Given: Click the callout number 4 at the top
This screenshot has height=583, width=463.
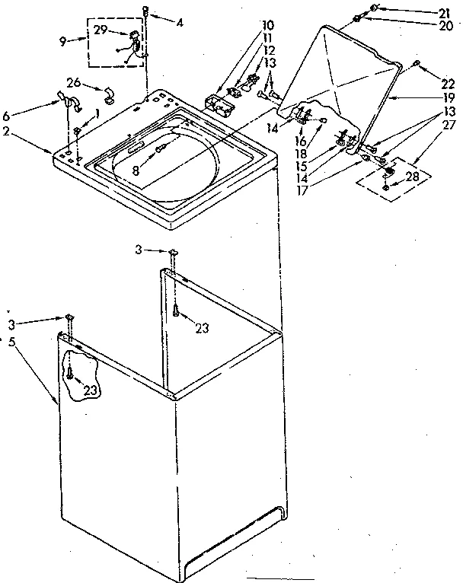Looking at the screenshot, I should click(179, 22).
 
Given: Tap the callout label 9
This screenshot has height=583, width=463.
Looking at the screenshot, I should click(62, 41).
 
